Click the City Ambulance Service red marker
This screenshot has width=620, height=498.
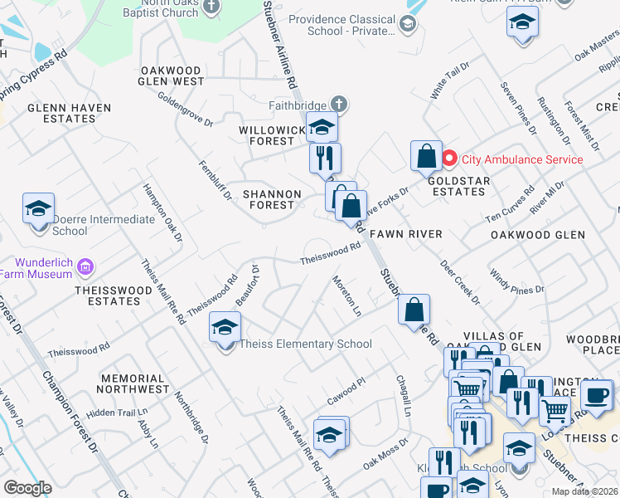tap(449, 159)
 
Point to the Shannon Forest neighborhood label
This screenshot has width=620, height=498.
tap(269, 199)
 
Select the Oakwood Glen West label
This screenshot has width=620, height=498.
tap(172, 76)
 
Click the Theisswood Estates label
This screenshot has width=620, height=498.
tap(114, 295)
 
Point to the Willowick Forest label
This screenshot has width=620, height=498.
tap(267, 136)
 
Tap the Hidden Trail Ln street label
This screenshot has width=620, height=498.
tap(117, 412)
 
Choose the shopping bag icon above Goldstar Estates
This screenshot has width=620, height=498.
tap(425, 154)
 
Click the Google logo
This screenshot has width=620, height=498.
tap(27, 488)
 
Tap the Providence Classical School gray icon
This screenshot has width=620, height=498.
tap(408, 25)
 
